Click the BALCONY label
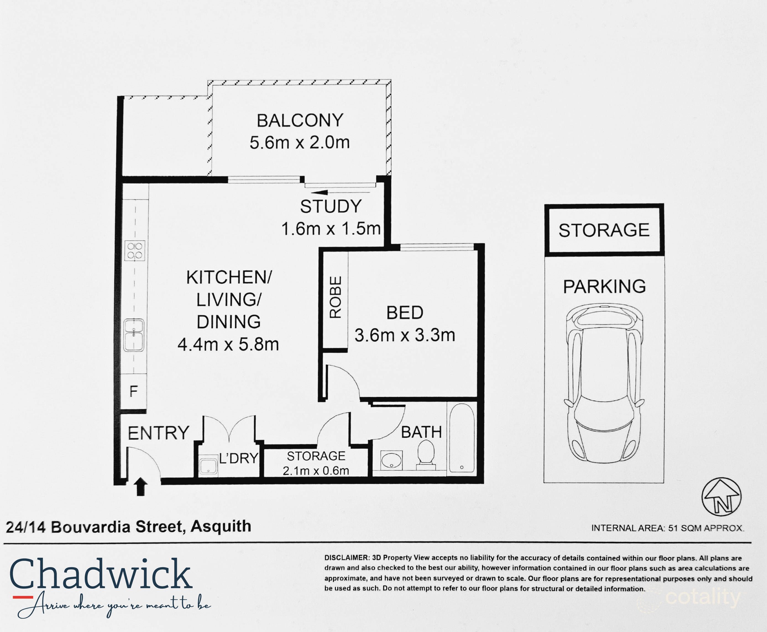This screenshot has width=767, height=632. (300, 120)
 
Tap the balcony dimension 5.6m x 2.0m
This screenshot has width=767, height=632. (300, 142)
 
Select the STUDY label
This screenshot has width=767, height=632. (331, 207)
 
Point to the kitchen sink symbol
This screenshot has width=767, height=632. (134, 335)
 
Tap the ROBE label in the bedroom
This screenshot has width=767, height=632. (335, 297)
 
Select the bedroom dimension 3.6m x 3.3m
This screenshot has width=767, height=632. (405, 335)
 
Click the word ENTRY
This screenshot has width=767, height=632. (158, 433)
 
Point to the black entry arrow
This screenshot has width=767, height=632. (141, 487)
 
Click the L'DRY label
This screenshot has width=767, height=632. (239, 458)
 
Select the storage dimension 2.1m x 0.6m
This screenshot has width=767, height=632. (316, 471)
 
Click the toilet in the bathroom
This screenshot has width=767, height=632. (426, 454)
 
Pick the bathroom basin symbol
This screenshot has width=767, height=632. (392, 461)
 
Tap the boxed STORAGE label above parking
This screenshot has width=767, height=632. (604, 230)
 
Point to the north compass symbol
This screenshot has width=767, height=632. (721, 496)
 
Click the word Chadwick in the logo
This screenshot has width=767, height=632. (101, 575)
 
